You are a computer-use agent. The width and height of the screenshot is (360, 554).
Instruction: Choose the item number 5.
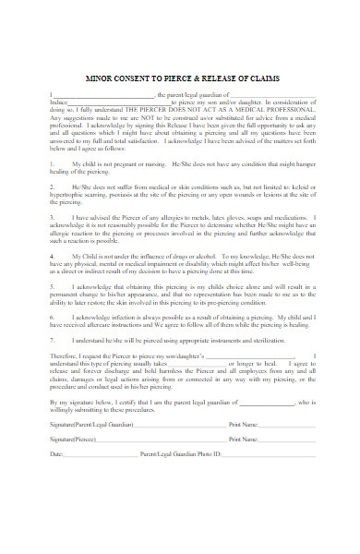click(54, 285)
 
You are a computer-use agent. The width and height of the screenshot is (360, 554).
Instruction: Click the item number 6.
click(54, 317)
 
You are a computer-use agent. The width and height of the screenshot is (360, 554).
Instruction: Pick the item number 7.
click(54, 341)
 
